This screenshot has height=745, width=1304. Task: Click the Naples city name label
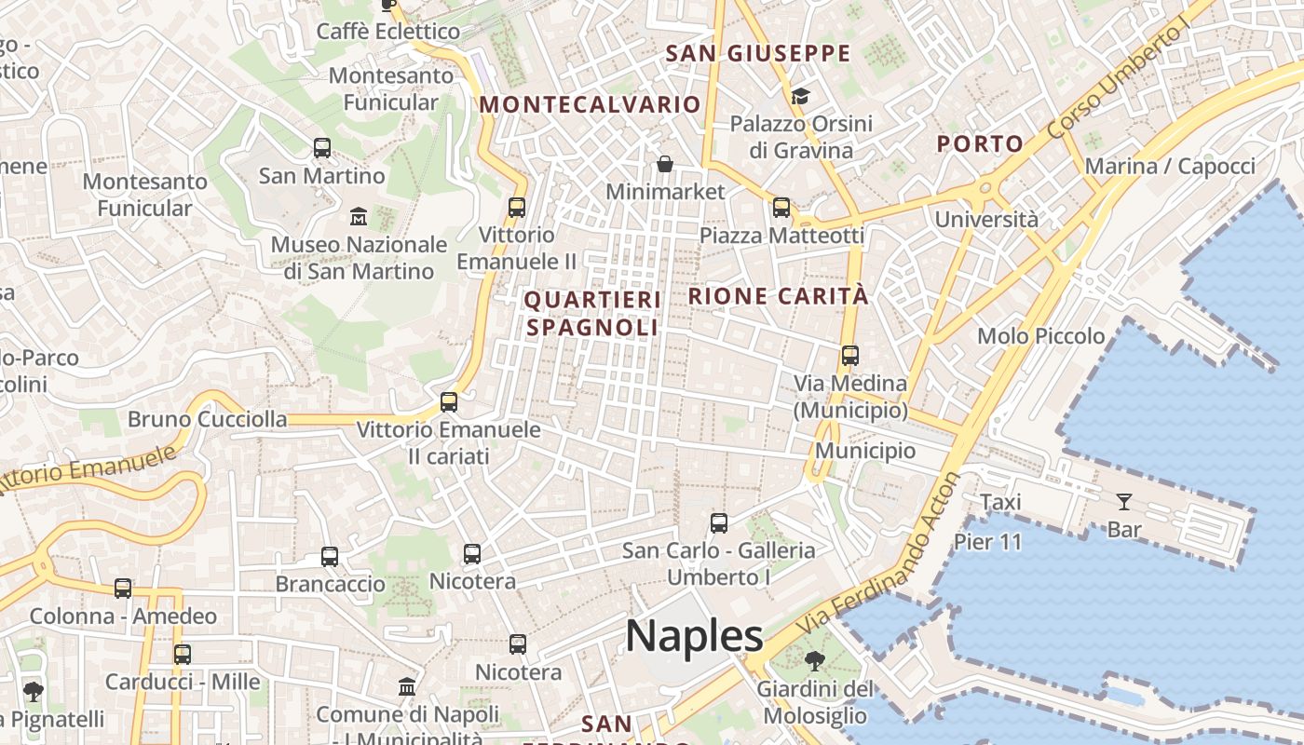pos(694,636)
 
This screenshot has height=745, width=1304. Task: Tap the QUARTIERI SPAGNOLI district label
pos(592,314)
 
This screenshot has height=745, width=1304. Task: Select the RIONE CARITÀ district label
pos(778,297)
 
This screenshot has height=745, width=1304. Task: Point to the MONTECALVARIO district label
pos(590,104)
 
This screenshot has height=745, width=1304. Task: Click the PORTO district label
pos(980,144)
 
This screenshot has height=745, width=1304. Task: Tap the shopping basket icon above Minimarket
pos(665,165)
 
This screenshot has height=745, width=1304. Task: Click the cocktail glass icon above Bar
pos(1124,502)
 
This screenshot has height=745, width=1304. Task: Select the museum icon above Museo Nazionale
pos(359,217)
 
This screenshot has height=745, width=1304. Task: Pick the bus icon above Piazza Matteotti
pos(781,208)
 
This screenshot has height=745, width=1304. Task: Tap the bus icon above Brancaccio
pos(330,557)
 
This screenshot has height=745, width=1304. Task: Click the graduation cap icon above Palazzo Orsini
pos(800,97)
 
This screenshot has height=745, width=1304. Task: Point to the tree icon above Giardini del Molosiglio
pos(815,662)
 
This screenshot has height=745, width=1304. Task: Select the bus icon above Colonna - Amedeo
pos(123,589)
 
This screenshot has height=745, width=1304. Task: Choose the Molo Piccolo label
pos(1040,336)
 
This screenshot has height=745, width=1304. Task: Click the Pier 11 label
pos(987,542)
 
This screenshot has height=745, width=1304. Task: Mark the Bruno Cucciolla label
pos(208,419)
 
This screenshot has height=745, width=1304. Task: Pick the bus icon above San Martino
pos(322,147)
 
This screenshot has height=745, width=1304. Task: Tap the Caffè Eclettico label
pos(388,32)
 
